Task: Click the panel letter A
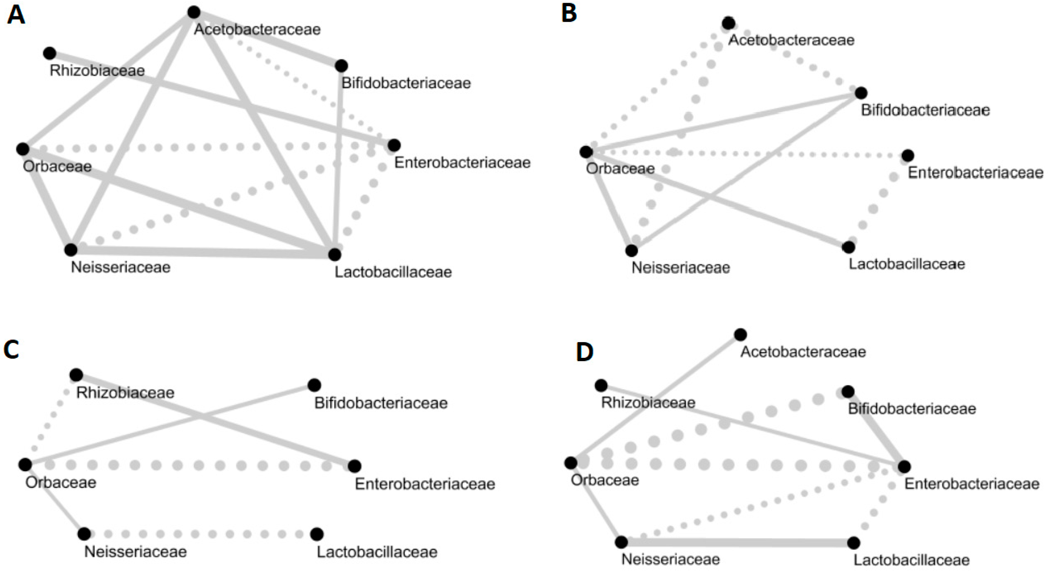coord(16,15)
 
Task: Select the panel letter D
coord(585,352)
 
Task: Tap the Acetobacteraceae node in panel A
coord(194,12)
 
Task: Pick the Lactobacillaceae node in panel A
coord(334,254)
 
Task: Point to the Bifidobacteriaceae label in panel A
coord(406,83)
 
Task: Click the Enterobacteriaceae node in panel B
coord(908,155)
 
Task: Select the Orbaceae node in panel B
coord(586,152)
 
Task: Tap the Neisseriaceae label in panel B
coord(681,268)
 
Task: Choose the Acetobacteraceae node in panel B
coord(729,23)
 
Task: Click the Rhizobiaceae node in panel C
coord(76,375)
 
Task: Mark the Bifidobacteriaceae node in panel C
coord(314,385)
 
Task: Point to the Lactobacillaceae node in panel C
coord(317,534)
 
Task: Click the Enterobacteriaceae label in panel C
coord(425,484)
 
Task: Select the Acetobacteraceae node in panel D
coord(740,334)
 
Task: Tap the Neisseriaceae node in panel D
coord(621,542)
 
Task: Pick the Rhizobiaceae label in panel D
coord(648,402)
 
